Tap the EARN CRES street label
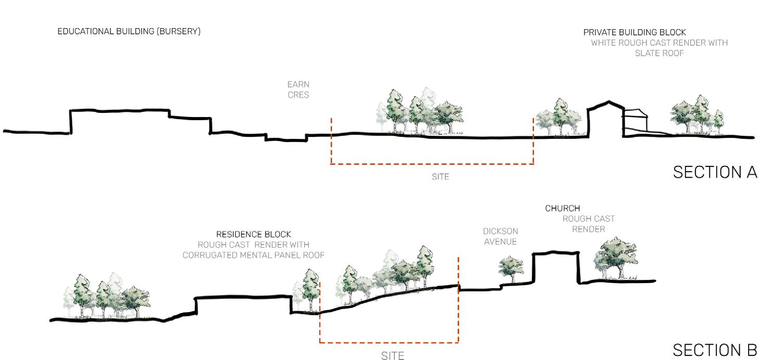click(x=298, y=89)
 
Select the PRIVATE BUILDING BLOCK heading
click(x=635, y=32)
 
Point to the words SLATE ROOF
click(x=659, y=53)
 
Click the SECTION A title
click(x=715, y=172)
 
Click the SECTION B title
click(x=715, y=350)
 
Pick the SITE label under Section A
click(x=440, y=177)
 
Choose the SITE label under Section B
click(x=392, y=356)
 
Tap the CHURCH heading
click(x=562, y=209)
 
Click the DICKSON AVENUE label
click(x=500, y=236)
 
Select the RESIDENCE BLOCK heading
click(x=254, y=235)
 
